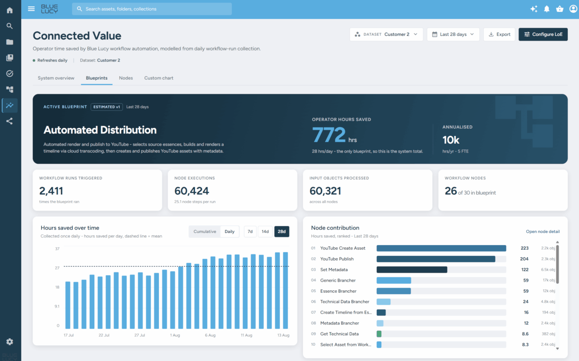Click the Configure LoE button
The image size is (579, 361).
[543, 34]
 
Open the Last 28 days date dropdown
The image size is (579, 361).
[453, 34]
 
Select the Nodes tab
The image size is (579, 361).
[126, 78]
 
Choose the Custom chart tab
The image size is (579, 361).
[159, 78]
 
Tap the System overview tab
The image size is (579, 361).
[56, 78]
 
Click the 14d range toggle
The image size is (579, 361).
[265, 231]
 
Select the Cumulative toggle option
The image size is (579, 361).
[205, 231]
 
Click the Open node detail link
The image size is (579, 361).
[543, 231]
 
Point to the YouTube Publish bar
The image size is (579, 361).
[436, 259]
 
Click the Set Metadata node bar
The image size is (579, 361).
[412, 270]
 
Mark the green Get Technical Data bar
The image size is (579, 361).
[379, 334]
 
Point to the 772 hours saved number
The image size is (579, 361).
[328, 135]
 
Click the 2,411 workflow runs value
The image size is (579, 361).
[51, 191]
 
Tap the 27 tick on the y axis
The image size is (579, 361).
[57, 268]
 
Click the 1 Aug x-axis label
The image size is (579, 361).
[175, 335]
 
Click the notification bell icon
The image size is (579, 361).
[546, 9]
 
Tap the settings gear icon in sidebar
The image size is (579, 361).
[10, 342]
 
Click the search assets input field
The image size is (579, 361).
[152, 9]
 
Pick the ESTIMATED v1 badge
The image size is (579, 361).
[107, 107]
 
